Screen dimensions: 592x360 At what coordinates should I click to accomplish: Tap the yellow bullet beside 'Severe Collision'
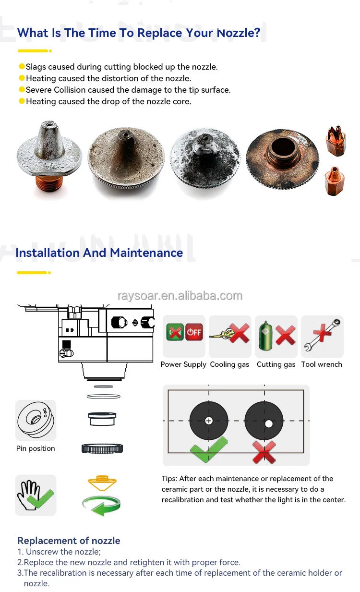22,90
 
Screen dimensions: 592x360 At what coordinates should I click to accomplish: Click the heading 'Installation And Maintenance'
99,253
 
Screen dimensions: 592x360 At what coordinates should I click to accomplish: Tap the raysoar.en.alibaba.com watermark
180,295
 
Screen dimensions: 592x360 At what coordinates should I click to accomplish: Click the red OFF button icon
194,332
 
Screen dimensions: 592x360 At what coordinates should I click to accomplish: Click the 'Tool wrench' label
322,364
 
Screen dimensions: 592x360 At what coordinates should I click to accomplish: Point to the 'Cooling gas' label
229,364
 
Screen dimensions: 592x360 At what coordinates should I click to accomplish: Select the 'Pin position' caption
36,448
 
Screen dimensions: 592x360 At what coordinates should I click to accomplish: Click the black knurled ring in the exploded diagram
102,449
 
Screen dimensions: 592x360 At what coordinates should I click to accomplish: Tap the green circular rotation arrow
101,506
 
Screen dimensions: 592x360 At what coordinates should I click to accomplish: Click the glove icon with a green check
36,495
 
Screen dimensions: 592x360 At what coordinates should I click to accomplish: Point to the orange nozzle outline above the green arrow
102,482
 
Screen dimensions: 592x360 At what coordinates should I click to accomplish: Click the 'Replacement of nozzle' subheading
69,541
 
